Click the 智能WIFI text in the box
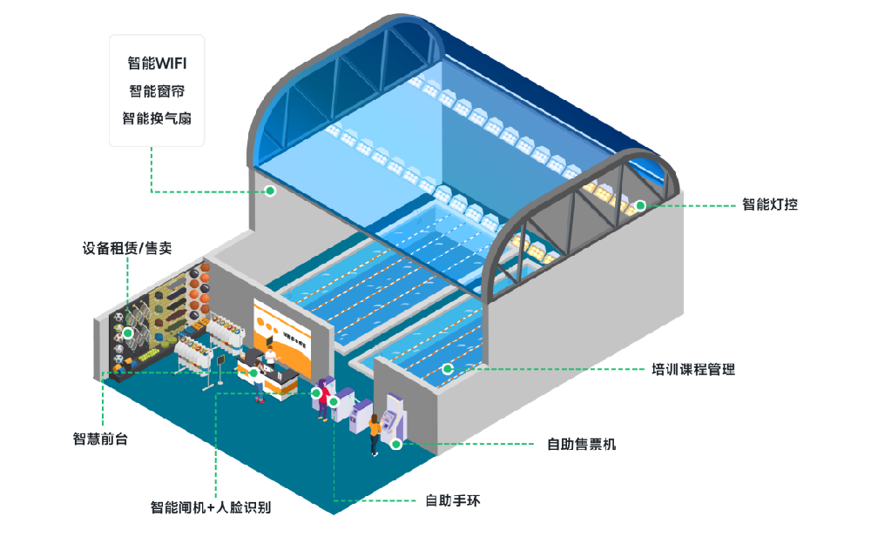[157, 64]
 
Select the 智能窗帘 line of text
[157, 90]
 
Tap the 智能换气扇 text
[157, 117]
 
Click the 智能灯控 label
[770, 205]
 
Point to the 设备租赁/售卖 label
[127, 249]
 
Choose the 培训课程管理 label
[693, 370]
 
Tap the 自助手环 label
[453, 500]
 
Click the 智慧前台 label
[100, 439]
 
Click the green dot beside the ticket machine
[396, 444]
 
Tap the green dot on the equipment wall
[128, 332]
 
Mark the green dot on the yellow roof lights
[640, 206]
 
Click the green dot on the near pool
[448, 369]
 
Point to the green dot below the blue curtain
[271, 190]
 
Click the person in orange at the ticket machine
[375, 432]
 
